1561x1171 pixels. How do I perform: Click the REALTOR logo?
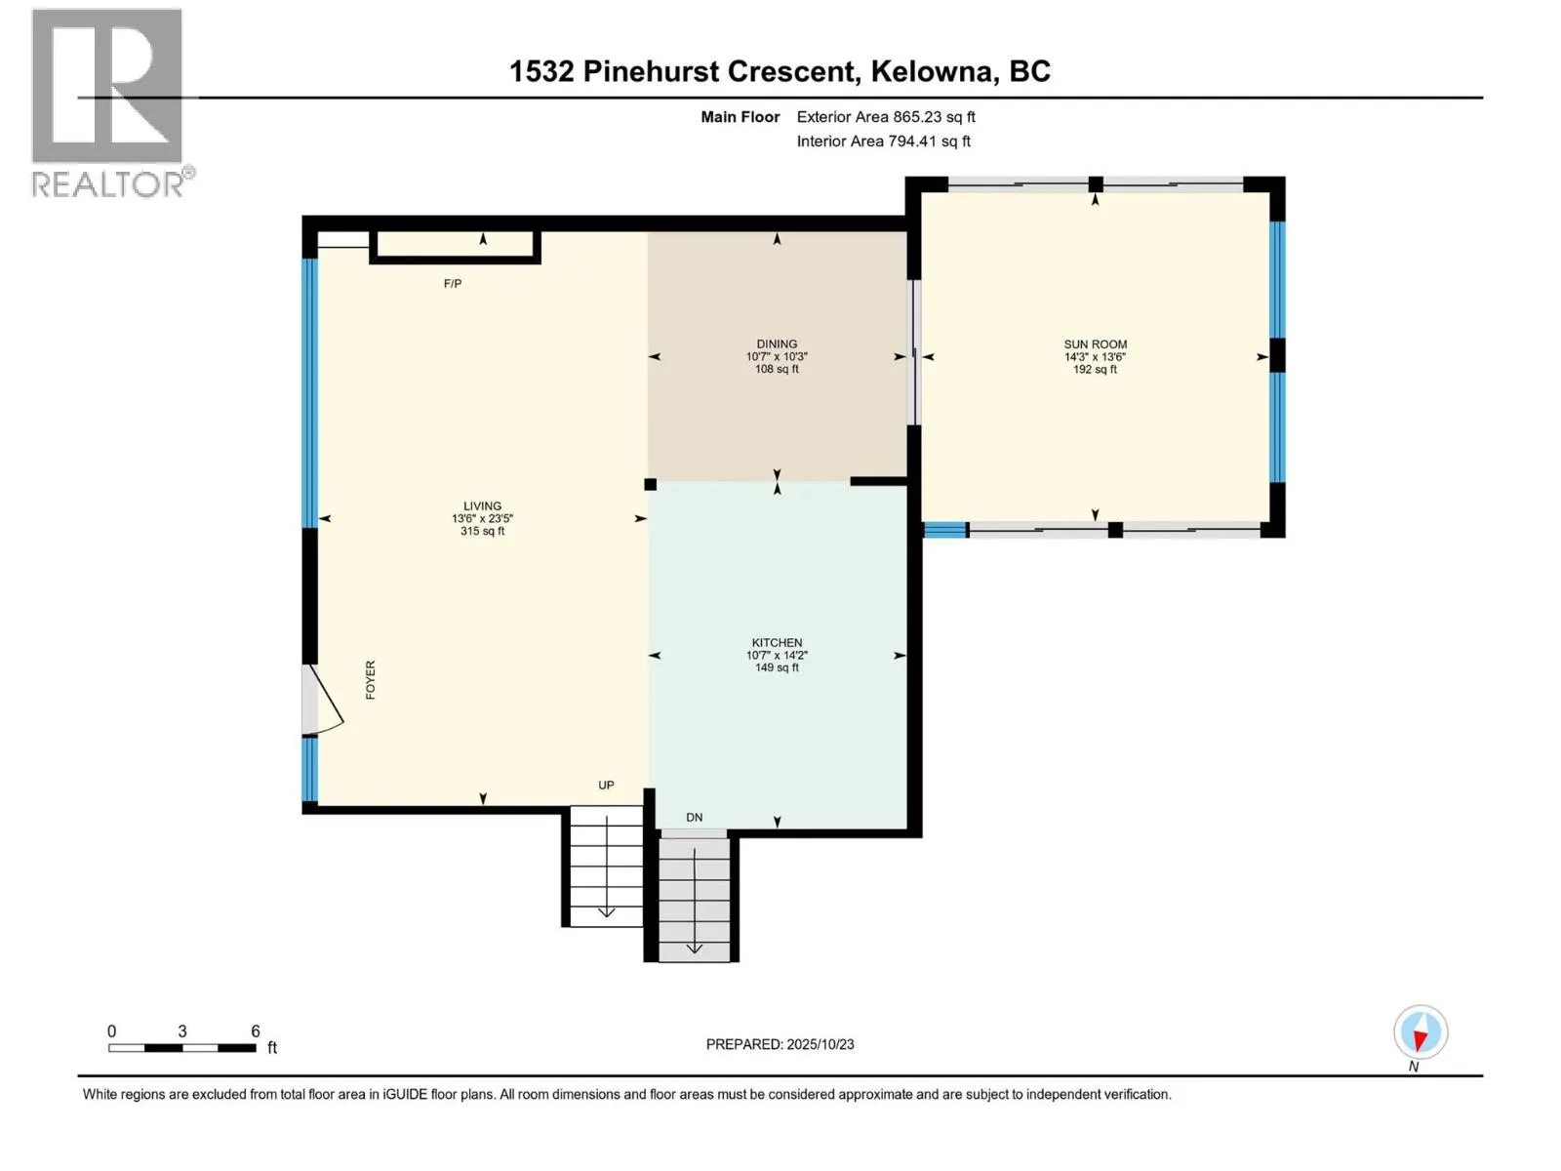pyautogui.click(x=107, y=102)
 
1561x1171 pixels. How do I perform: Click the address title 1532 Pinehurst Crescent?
pyautogui.click(x=780, y=71)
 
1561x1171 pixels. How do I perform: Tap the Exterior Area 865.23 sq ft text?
pyautogui.click(x=886, y=117)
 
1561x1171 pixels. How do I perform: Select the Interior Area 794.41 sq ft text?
pyautogui.click(x=883, y=141)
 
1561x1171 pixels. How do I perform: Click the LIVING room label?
pyautogui.click(x=482, y=506)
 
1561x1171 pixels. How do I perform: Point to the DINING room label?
pyautogui.click(x=777, y=344)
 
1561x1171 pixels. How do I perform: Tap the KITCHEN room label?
pyautogui.click(x=777, y=643)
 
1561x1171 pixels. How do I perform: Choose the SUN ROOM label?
pyautogui.click(x=1095, y=344)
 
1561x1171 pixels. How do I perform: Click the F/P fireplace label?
pyautogui.click(x=453, y=284)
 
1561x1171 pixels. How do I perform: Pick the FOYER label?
pyautogui.click(x=371, y=679)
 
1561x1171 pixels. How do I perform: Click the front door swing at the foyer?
pyautogui.click(x=322, y=700)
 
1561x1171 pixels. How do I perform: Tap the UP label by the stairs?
pyautogui.click(x=606, y=786)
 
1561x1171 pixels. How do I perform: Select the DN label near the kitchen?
pyautogui.click(x=694, y=818)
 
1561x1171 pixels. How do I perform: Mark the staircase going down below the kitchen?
pyautogui.click(x=694, y=898)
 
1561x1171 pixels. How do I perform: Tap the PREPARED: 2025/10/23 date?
pyautogui.click(x=780, y=1044)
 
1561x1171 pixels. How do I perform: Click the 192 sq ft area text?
pyautogui.click(x=1095, y=370)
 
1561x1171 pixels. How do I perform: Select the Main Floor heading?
pyautogui.click(x=740, y=117)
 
